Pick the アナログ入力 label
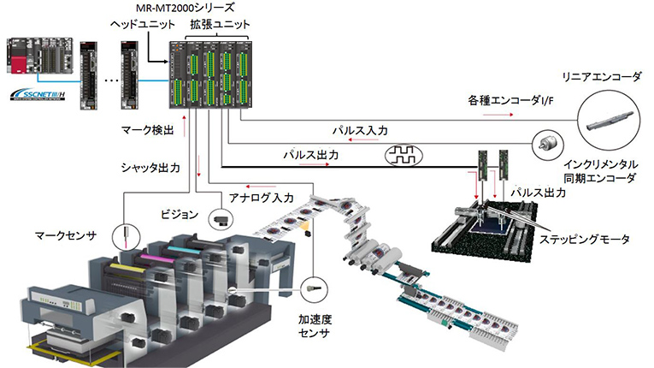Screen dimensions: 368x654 click(261, 198)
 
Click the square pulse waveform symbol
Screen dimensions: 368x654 click(402, 156)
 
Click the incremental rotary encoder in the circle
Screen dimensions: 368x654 click(545, 145)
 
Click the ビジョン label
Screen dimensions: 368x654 click(180, 211)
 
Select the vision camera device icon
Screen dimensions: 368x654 click(220, 219)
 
